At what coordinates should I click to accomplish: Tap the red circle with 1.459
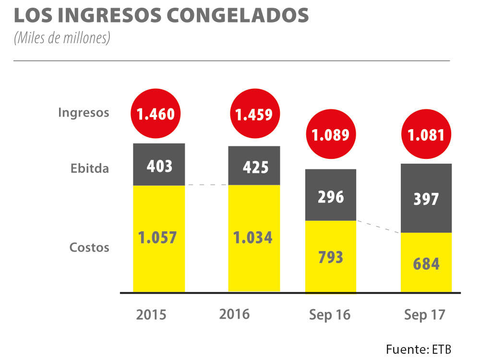click(x=253, y=114)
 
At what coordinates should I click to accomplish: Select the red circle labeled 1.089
click(x=330, y=135)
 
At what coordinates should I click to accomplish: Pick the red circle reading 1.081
click(x=426, y=135)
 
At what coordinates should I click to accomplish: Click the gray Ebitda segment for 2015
click(x=159, y=165)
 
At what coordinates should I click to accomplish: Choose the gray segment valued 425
click(x=254, y=166)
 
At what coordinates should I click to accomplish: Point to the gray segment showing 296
click(x=330, y=195)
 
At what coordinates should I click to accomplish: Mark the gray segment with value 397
click(x=426, y=198)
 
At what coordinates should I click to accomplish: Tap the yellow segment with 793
click(x=330, y=256)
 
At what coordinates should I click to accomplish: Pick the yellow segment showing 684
click(x=426, y=263)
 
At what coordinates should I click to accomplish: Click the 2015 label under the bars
click(x=151, y=315)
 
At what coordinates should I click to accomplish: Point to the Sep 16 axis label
click(x=330, y=315)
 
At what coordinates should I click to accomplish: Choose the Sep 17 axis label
click(x=425, y=315)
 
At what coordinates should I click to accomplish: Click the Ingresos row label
click(x=84, y=113)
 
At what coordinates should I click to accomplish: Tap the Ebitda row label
click(x=90, y=169)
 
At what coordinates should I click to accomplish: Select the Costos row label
click(x=89, y=248)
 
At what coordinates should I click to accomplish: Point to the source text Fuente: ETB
click(x=419, y=348)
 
